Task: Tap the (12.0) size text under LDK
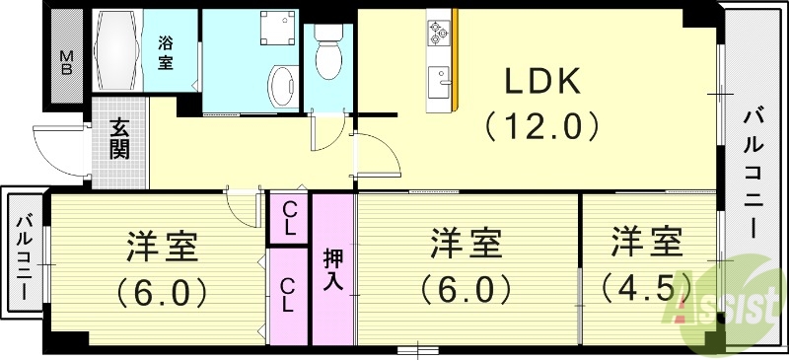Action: pyautogui.click(x=540, y=126)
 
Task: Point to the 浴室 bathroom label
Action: pyautogui.click(x=166, y=51)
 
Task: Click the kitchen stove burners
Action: pyautogui.click(x=437, y=34)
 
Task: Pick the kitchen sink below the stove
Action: pyautogui.click(x=437, y=79)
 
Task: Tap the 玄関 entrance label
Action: pyautogui.click(x=119, y=139)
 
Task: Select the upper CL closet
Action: pyautogui.click(x=290, y=218)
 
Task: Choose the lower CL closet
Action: pyautogui.click(x=290, y=295)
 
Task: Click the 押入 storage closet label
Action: pyautogui.click(x=333, y=268)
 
